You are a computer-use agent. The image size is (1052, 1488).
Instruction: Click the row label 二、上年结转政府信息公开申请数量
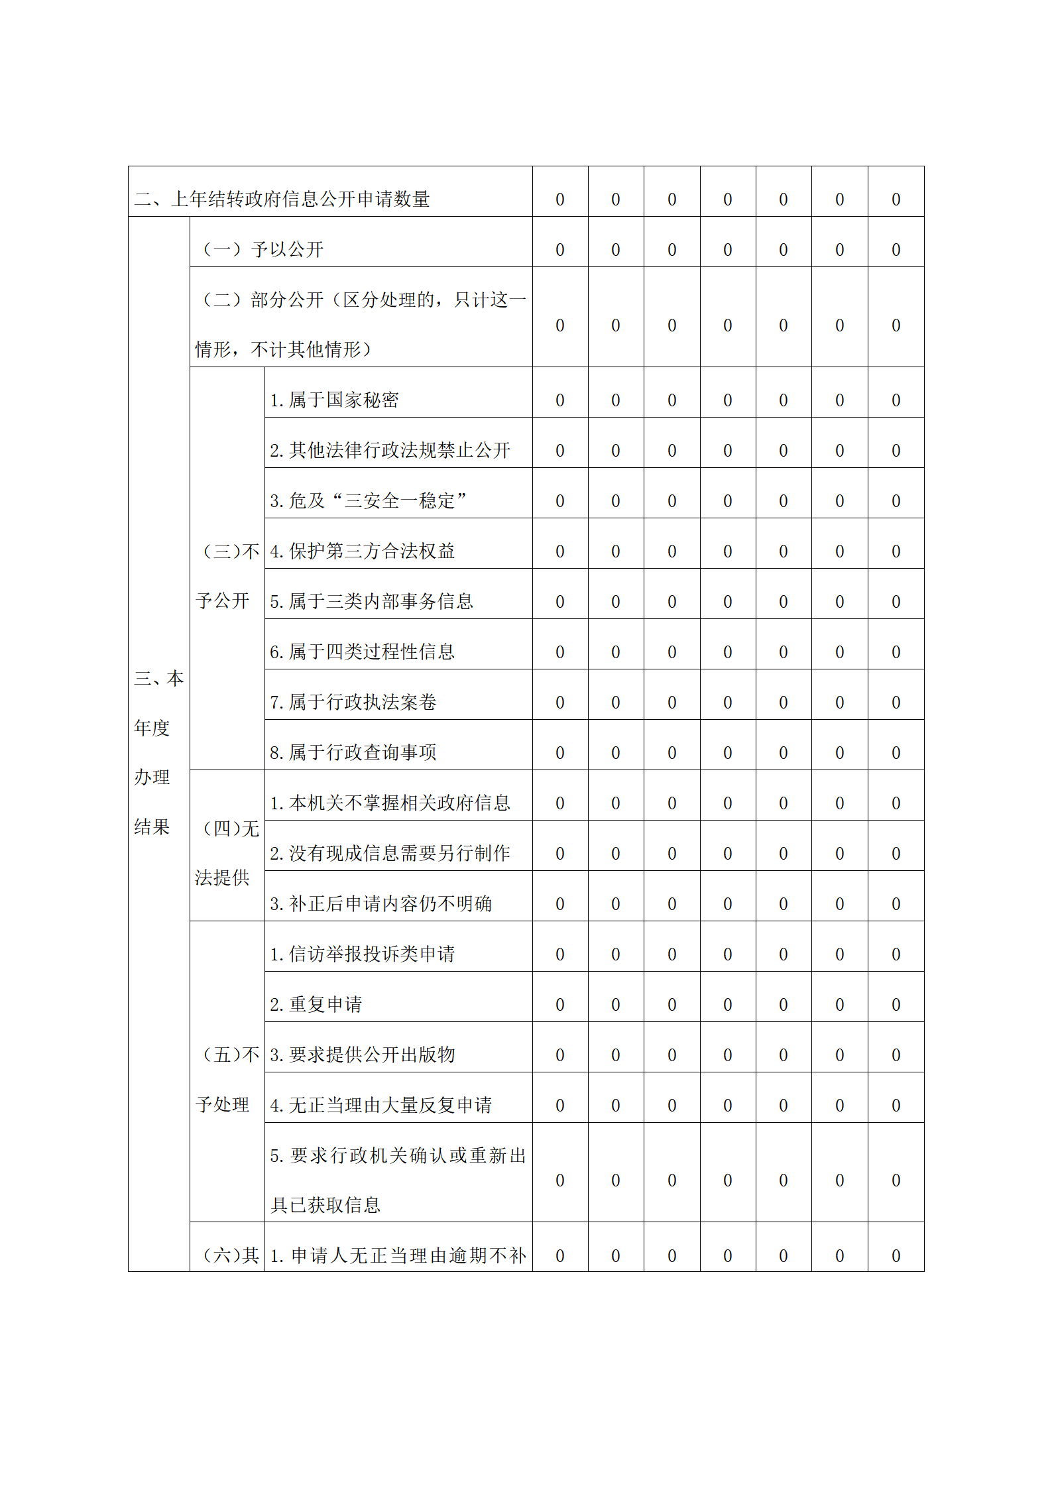point(282,199)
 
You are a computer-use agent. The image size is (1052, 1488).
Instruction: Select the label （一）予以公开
point(263,249)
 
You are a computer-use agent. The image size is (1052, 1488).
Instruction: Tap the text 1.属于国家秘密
point(334,400)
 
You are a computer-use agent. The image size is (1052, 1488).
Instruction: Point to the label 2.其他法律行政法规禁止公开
point(390,450)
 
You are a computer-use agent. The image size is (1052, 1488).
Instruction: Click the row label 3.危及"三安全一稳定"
point(368,500)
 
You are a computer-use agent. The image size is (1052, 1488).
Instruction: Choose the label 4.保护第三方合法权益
point(362,551)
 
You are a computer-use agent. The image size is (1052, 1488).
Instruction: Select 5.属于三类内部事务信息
point(371,601)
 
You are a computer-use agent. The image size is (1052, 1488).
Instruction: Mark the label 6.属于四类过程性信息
point(362,652)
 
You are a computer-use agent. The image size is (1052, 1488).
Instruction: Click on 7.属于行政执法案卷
point(353,702)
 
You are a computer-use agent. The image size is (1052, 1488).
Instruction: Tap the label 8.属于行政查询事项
point(353,752)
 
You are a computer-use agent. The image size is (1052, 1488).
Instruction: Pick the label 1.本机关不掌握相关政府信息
point(390,803)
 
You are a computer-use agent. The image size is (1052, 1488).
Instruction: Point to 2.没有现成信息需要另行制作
point(390,853)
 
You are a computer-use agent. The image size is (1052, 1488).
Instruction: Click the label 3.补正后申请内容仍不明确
point(380,903)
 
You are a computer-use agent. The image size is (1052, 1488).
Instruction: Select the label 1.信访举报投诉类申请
point(362,954)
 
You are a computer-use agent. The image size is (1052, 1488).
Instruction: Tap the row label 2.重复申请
point(316,1004)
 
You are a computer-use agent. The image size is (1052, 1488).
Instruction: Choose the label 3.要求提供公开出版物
point(362,1055)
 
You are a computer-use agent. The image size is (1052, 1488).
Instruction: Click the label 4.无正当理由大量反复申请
point(380,1105)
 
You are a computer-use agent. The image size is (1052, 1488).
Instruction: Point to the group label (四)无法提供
point(227,853)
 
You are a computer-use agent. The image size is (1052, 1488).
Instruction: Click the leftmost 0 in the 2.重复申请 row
point(560,1005)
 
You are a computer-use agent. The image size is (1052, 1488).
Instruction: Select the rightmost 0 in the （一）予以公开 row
point(896,250)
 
